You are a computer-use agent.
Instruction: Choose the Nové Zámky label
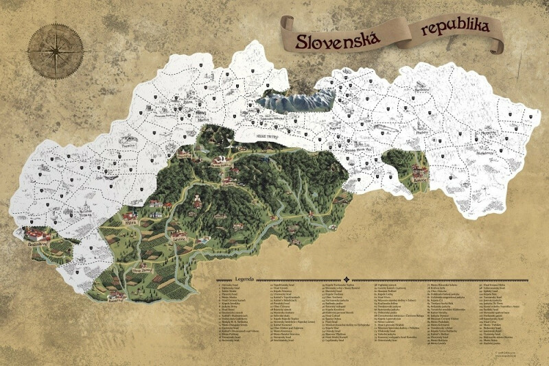tap(142, 268)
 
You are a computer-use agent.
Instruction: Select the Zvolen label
tap(227, 184)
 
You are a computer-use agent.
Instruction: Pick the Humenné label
tap(488, 127)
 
